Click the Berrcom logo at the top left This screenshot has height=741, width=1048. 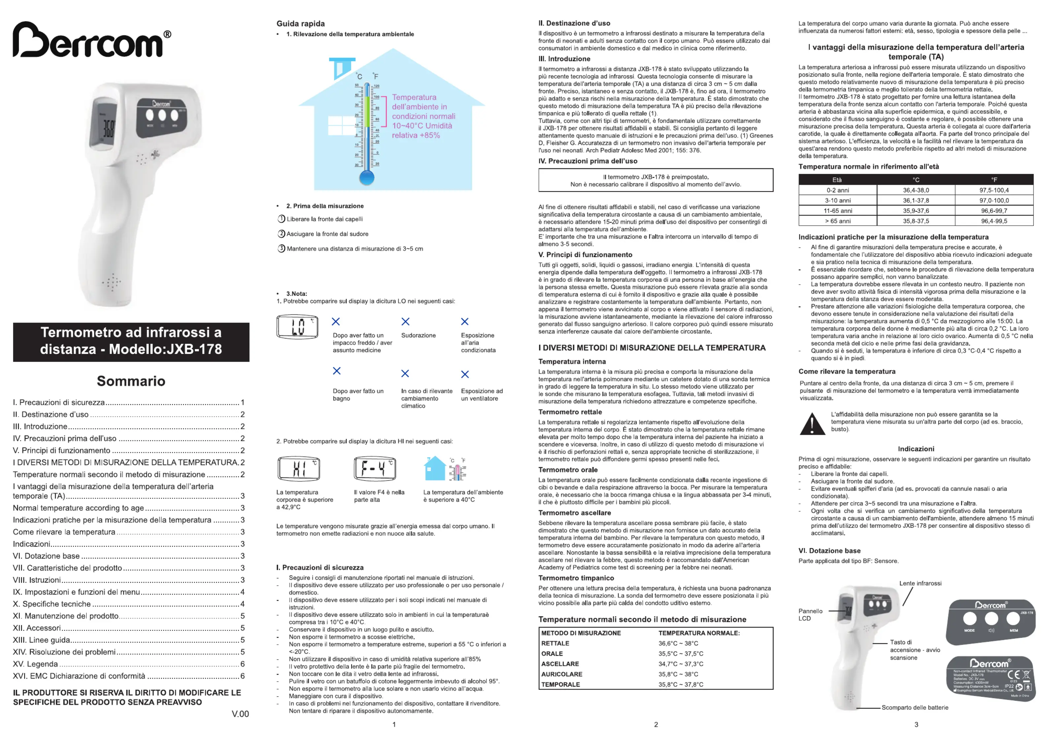point(91,40)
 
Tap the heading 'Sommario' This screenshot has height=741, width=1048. point(131,381)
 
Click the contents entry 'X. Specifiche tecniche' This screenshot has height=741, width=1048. point(52,604)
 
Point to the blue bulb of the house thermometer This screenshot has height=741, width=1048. point(367,177)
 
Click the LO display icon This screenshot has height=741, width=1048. point(297,327)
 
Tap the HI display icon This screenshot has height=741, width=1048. point(299,468)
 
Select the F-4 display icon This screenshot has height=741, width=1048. point(375,468)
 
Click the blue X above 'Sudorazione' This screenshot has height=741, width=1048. point(405,322)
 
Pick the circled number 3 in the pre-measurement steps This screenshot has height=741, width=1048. point(281,249)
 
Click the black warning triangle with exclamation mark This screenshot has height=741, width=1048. point(812,424)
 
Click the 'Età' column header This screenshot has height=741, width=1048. point(837,180)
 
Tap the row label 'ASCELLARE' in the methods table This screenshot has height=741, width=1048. point(560,664)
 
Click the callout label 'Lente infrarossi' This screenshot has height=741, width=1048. point(920,583)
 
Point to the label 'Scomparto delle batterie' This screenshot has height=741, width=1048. point(915,708)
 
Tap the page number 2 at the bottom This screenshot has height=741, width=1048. point(656,725)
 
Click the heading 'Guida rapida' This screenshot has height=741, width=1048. point(300,24)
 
